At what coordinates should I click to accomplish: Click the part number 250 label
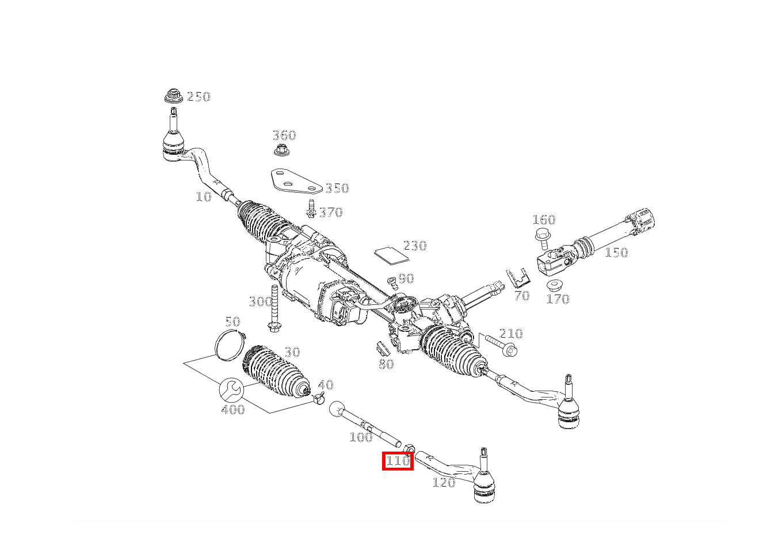coord(199,97)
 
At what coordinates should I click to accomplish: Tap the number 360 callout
coord(284,136)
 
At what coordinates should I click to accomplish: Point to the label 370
coord(330,212)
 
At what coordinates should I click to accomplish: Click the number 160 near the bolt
coord(544,220)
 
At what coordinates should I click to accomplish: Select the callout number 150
coord(616,252)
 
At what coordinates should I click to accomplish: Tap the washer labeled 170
coord(555,286)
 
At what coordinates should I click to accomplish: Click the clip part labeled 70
coord(517,278)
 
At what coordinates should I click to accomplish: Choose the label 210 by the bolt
coord(511,334)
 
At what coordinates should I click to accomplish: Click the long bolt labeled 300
coord(273,308)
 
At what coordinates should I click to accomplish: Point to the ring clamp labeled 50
coord(228,345)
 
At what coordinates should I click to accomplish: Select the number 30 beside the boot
coord(292,352)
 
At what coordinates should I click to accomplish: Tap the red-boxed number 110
coord(398,461)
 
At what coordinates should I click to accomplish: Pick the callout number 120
coord(443,483)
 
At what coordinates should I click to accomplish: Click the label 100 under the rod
coord(361,437)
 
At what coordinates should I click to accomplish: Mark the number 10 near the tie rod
coord(204,197)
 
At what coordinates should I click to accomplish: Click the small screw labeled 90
coord(393,282)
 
